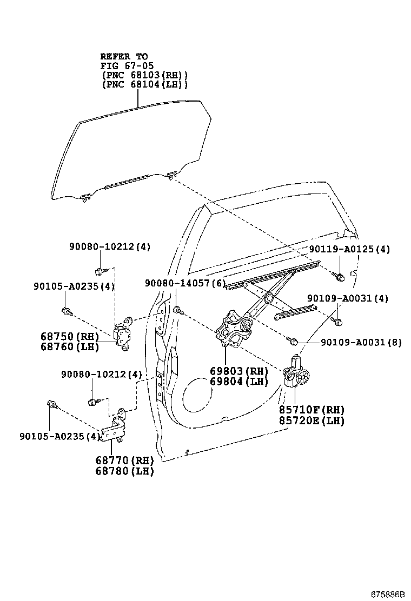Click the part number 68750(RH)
pos(69,336)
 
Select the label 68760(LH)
pos(69,346)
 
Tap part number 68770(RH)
pos(124,460)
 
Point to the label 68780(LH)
pos(124,471)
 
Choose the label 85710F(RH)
pos(311,410)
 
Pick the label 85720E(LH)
pos(311,420)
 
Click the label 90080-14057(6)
pos(184,283)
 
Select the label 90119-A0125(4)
pos(349,249)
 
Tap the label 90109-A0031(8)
pos(361,342)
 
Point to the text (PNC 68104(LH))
pos(144,85)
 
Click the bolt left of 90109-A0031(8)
pos(294,341)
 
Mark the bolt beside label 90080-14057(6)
pos(178,310)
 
